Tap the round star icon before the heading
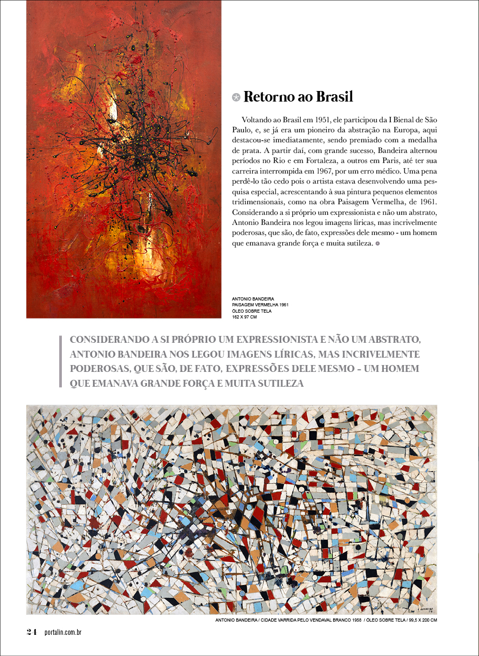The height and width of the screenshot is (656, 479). click(236, 97)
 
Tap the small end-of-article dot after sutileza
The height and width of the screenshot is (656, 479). click(377, 243)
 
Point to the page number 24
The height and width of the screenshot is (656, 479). click(32, 632)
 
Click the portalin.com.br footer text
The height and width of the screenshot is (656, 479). click(63, 632)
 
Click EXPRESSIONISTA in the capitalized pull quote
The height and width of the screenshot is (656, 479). click(257, 339)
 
